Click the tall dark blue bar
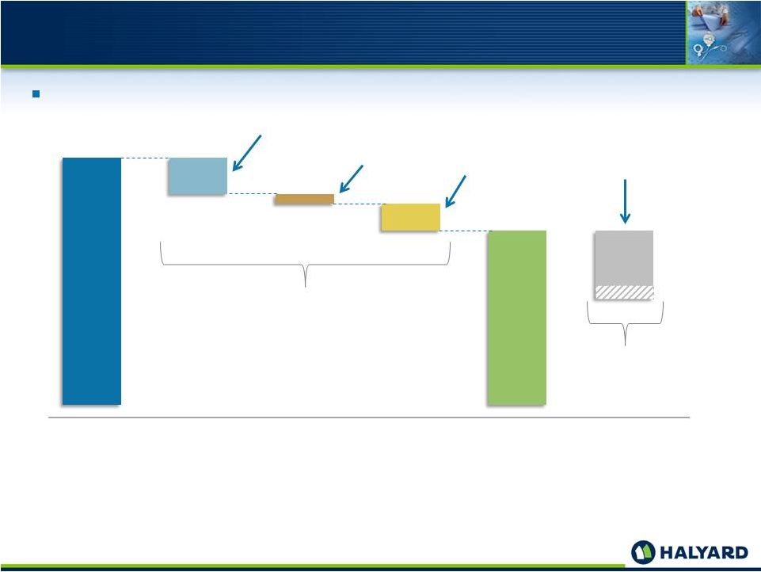(92, 281)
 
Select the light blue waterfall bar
(197, 176)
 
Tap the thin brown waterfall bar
(304, 199)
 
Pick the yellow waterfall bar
(410, 217)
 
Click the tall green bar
(517, 318)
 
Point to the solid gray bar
(624, 258)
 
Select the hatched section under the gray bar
(624, 292)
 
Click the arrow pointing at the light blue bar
(246, 153)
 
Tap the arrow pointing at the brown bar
(351, 179)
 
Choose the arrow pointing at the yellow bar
(455, 191)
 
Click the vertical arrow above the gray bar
(625, 201)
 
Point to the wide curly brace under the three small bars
(306, 265)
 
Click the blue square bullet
(36, 94)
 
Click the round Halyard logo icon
(643, 552)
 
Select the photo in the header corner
(723, 32)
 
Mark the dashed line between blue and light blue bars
(145, 158)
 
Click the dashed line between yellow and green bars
(464, 231)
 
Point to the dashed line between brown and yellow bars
(358, 204)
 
